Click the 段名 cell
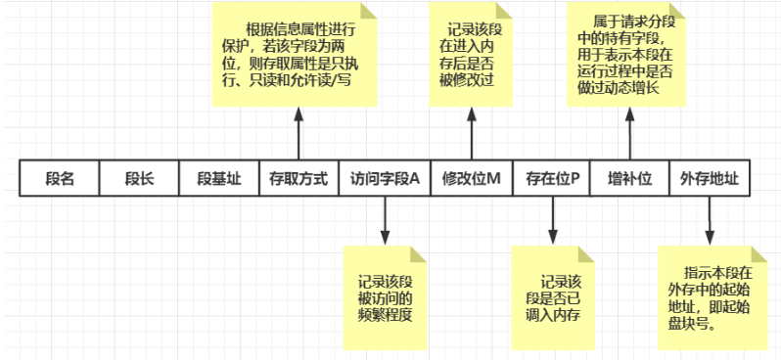[x=60, y=180]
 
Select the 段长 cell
[x=139, y=180]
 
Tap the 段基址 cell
[x=217, y=180]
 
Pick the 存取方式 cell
[x=299, y=180]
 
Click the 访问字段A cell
[x=385, y=180]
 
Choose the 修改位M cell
[x=471, y=180]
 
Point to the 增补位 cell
[x=629, y=180]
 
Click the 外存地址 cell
[x=709, y=180]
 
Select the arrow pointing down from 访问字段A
[x=385, y=222]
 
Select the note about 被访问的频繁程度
[x=386, y=297]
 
